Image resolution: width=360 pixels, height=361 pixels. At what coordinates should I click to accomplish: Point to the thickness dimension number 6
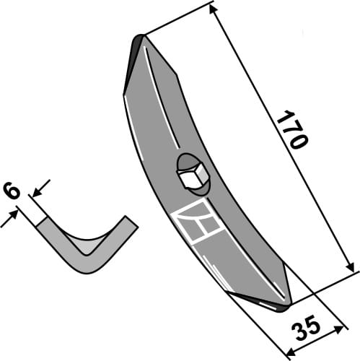[x=12, y=191]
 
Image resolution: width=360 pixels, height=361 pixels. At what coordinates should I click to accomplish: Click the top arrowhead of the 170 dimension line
[x=214, y=7]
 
